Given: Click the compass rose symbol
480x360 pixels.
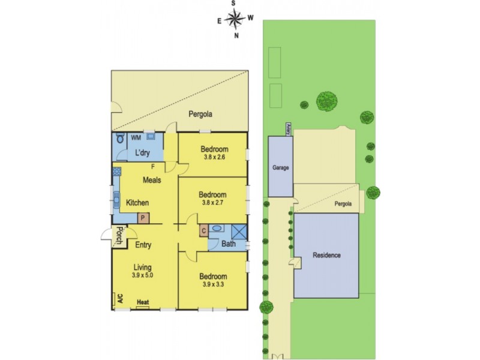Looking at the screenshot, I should [x=235, y=20].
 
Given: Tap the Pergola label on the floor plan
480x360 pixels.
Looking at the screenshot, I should [x=200, y=114].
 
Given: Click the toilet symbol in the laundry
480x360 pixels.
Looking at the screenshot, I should [x=119, y=139].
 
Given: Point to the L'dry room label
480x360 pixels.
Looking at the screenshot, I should [x=142, y=153].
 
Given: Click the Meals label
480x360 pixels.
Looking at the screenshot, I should [x=151, y=180].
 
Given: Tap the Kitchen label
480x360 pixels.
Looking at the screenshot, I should [x=137, y=203].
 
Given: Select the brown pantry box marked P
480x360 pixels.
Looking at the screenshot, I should [x=143, y=218].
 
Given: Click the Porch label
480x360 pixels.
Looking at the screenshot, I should [x=119, y=236].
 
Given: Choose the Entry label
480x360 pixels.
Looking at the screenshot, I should [x=143, y=245].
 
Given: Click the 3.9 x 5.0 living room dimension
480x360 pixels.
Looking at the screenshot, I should [x=143, y=276].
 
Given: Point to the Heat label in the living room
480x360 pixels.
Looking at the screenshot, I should [x=143, y=302].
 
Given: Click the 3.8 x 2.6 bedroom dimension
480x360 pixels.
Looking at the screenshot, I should [x=214, y=157].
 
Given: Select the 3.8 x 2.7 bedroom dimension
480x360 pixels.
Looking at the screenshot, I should [x=213, y=203].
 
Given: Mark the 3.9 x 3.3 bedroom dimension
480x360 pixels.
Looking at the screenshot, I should [x=213, y=284].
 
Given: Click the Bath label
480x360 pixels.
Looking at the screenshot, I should [x=229, y=244].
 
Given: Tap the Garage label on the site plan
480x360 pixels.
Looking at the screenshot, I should [x=281, y=169].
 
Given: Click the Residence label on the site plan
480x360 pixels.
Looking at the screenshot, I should [x=326, y=256].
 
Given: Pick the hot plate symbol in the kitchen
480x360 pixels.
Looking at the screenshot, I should [x=116, y=172].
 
